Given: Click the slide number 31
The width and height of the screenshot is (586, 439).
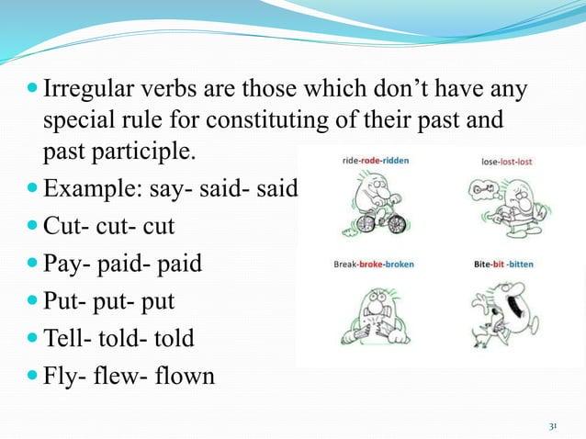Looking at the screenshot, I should (x=553, y=426).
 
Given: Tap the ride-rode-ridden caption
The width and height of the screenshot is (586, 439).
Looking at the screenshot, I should (x=375, y=160).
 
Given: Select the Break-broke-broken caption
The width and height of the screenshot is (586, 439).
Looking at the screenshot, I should (x=373, y=265).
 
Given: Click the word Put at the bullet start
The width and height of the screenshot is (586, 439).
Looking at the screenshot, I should (x=61, y=301).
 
